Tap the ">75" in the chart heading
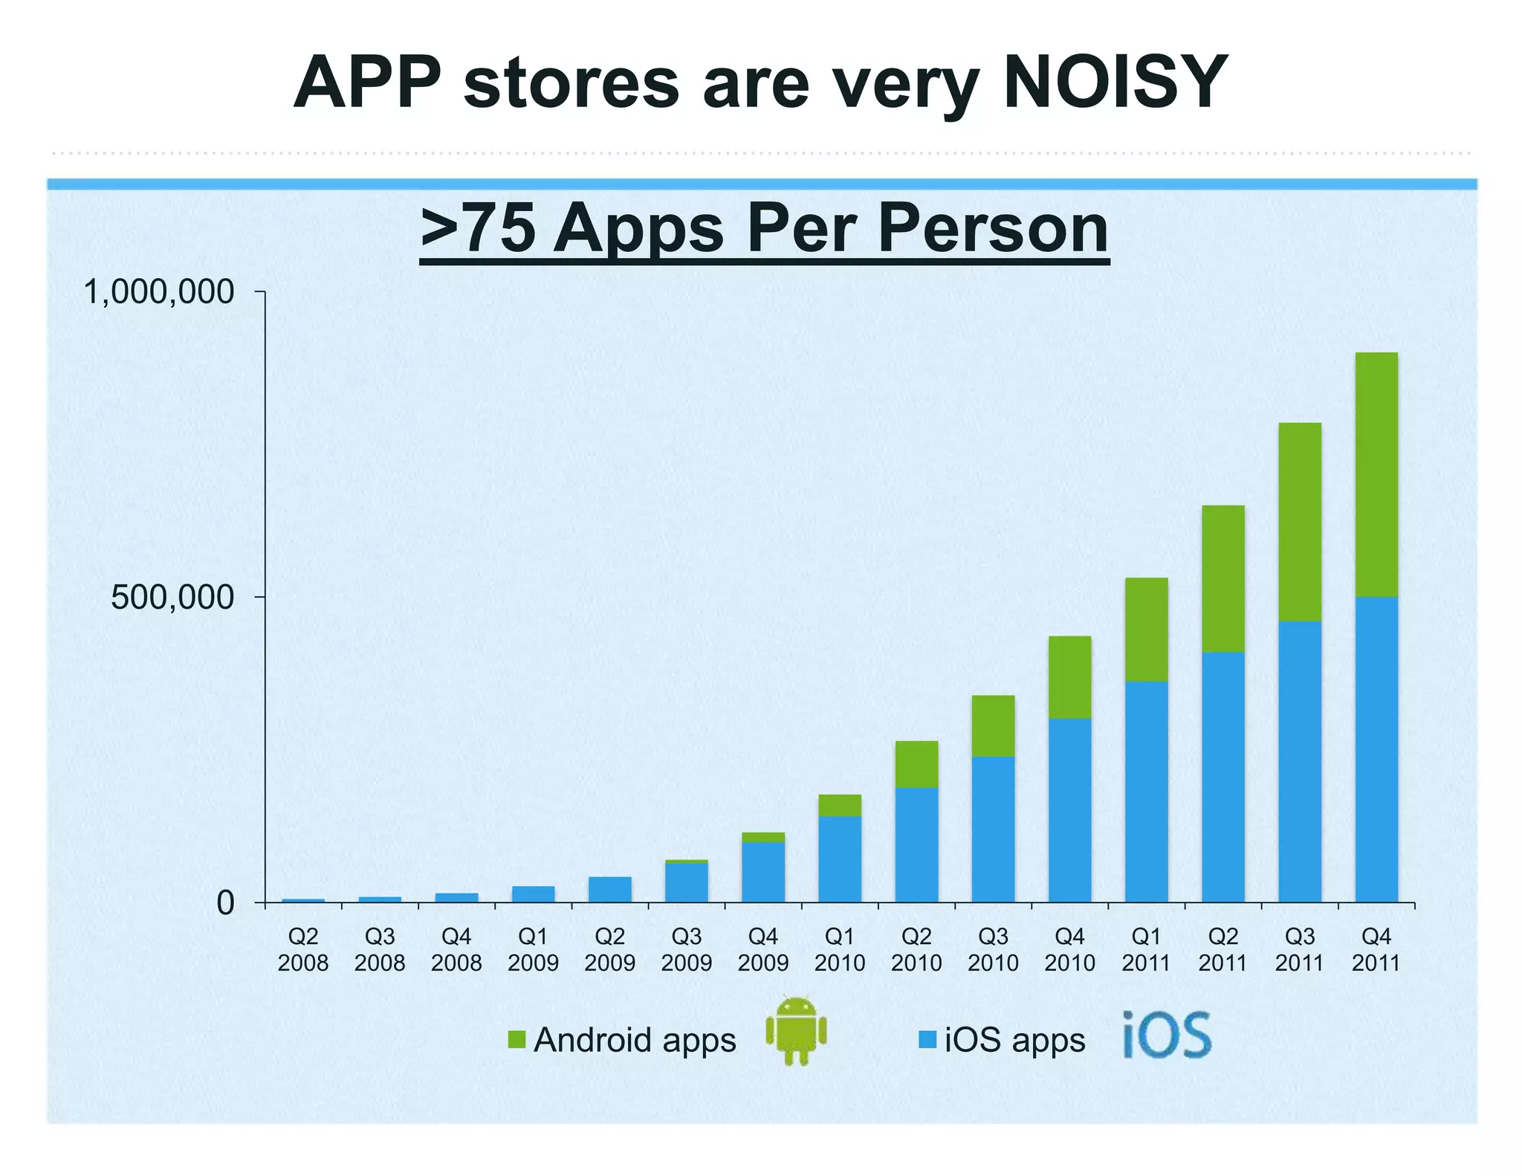[477, 228]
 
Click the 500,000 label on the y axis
[172, 597]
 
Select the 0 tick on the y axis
[225, 903]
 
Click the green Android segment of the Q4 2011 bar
[1376, 474]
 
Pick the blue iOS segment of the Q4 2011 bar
[1376, 749]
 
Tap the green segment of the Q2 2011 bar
[1223, 578]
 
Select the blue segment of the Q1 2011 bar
[1146, 792]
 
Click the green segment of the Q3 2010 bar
[993, 726]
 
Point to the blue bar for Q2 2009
[610, 890]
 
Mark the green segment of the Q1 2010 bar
[840, 805]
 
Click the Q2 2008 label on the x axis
[303, 949]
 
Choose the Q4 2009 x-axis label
[762, 949]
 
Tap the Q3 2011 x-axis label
[1299, 949]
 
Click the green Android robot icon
[796, 1030]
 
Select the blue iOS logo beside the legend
[1166, 1034]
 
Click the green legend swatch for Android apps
[516, 1039]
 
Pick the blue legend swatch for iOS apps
[927, 1039]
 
